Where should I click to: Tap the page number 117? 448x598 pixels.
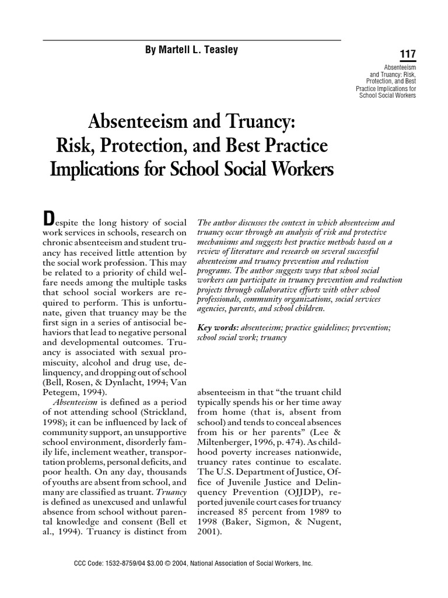pyautogui.click(x=407, y=55)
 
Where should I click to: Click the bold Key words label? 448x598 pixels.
pyautogui.click(x=215, y=328)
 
